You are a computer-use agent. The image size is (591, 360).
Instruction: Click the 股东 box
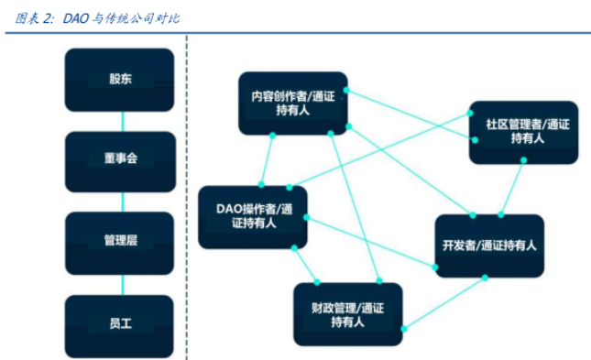[x=119, y=79]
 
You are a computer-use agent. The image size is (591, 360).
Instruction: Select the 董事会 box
[x=119, y=160]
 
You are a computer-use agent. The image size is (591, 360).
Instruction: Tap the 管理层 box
[x=119, y=242]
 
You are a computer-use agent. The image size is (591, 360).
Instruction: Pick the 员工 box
[x=119, y=323]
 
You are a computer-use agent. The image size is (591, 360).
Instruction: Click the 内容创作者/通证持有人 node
[x=293, y=103]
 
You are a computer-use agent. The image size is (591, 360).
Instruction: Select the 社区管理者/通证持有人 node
[x=523, y=131]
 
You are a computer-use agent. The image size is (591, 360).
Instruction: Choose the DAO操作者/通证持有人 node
[x=252, y=216]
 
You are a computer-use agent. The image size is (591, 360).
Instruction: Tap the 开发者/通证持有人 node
[x=488, y=245]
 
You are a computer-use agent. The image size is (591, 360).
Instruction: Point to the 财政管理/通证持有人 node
[x=348, y=313]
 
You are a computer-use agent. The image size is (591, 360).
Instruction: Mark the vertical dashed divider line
[x=186, y=183]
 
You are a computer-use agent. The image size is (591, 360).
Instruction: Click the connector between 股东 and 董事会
[x=119, y=120]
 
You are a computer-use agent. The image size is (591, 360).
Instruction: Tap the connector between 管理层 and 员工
[x=119, y=283]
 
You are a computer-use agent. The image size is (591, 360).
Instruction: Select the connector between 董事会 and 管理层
[x=119, y=202]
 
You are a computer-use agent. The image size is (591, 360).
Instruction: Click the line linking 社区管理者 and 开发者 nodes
[x=512, y=189]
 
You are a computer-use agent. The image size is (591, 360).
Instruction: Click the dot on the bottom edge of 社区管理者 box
[x=522, y=161]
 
